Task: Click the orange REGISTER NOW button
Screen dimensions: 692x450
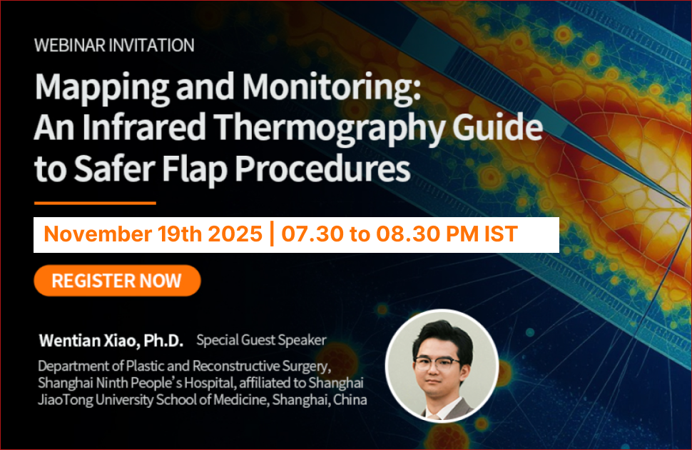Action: click(118, 281)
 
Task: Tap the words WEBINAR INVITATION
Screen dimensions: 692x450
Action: click(114, 46)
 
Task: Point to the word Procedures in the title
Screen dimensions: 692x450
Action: click(322, 169)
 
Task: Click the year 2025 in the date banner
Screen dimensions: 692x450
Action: click(235, 234)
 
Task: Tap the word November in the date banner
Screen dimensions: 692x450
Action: click(98, 234)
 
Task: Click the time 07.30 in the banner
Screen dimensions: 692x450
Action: click(312, 234)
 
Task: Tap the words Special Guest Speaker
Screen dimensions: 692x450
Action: click(261, 340)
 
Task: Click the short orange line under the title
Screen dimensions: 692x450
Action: click(96, 204)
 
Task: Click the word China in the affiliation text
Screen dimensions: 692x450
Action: click(350, 399)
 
